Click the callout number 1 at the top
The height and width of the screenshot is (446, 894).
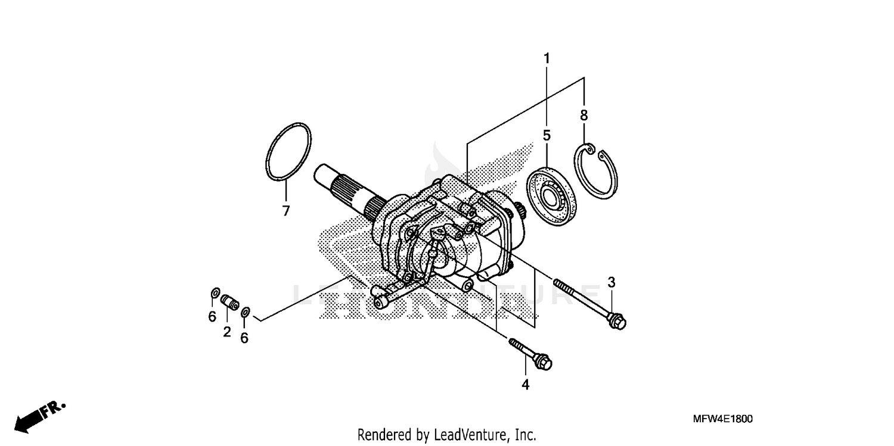[x=547, y=59]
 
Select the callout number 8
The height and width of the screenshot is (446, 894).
[x=584, y=116]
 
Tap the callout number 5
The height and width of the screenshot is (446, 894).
[x=547, y=135]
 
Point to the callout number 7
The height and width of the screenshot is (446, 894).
[x=285, y=211]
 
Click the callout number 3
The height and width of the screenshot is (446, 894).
[x=611, y=282]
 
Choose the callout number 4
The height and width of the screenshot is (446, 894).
[x=525, y=385]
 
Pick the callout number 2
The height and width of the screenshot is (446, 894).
[x=227, y=332]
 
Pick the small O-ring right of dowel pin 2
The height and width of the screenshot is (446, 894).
[x=245, y=311]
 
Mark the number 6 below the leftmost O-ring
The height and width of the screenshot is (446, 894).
[x=212, y=317]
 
